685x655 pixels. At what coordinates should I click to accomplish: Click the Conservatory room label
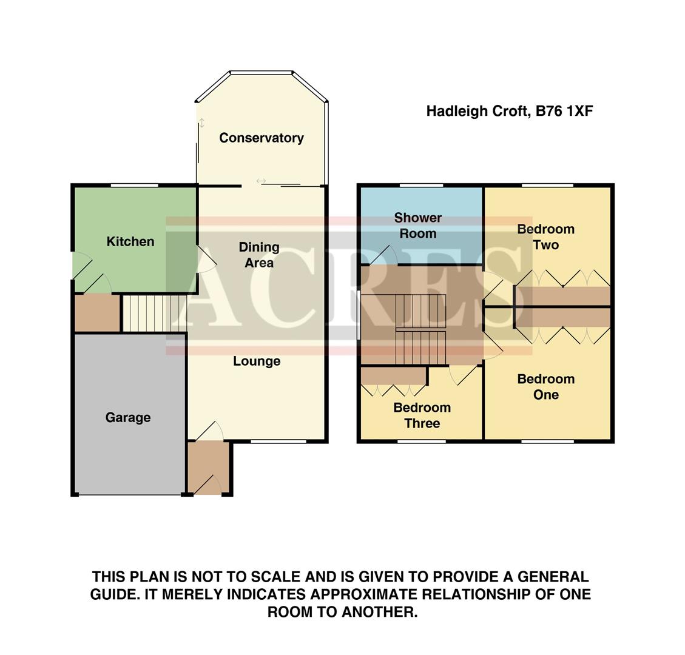click(x=261, y=138)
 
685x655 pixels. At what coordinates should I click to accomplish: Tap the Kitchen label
click(x=130, y=241)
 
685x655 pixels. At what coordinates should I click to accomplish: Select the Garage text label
click(x=127, y=417)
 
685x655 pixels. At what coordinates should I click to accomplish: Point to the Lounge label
click(x=257, y=361)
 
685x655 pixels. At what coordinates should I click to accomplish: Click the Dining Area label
click(x=258, y=255)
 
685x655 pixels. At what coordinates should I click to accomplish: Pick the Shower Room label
click(x=417, y=226)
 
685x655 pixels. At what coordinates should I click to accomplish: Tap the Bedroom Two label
click(x=545, y=237)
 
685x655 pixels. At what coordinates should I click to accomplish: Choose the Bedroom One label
click(x=545, y=387)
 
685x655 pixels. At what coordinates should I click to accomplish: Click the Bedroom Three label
click(x=422, y=415)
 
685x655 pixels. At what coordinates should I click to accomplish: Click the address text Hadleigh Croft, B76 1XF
click(x=509, y=112)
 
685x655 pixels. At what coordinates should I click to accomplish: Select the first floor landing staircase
click(x=420, y=329)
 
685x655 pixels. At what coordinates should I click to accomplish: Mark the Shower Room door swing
click(x=387, y=255)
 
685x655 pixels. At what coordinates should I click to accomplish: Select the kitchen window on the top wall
click(x=133, y=185)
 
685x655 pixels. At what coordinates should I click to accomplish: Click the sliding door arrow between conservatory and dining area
click(x=261, y=181)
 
